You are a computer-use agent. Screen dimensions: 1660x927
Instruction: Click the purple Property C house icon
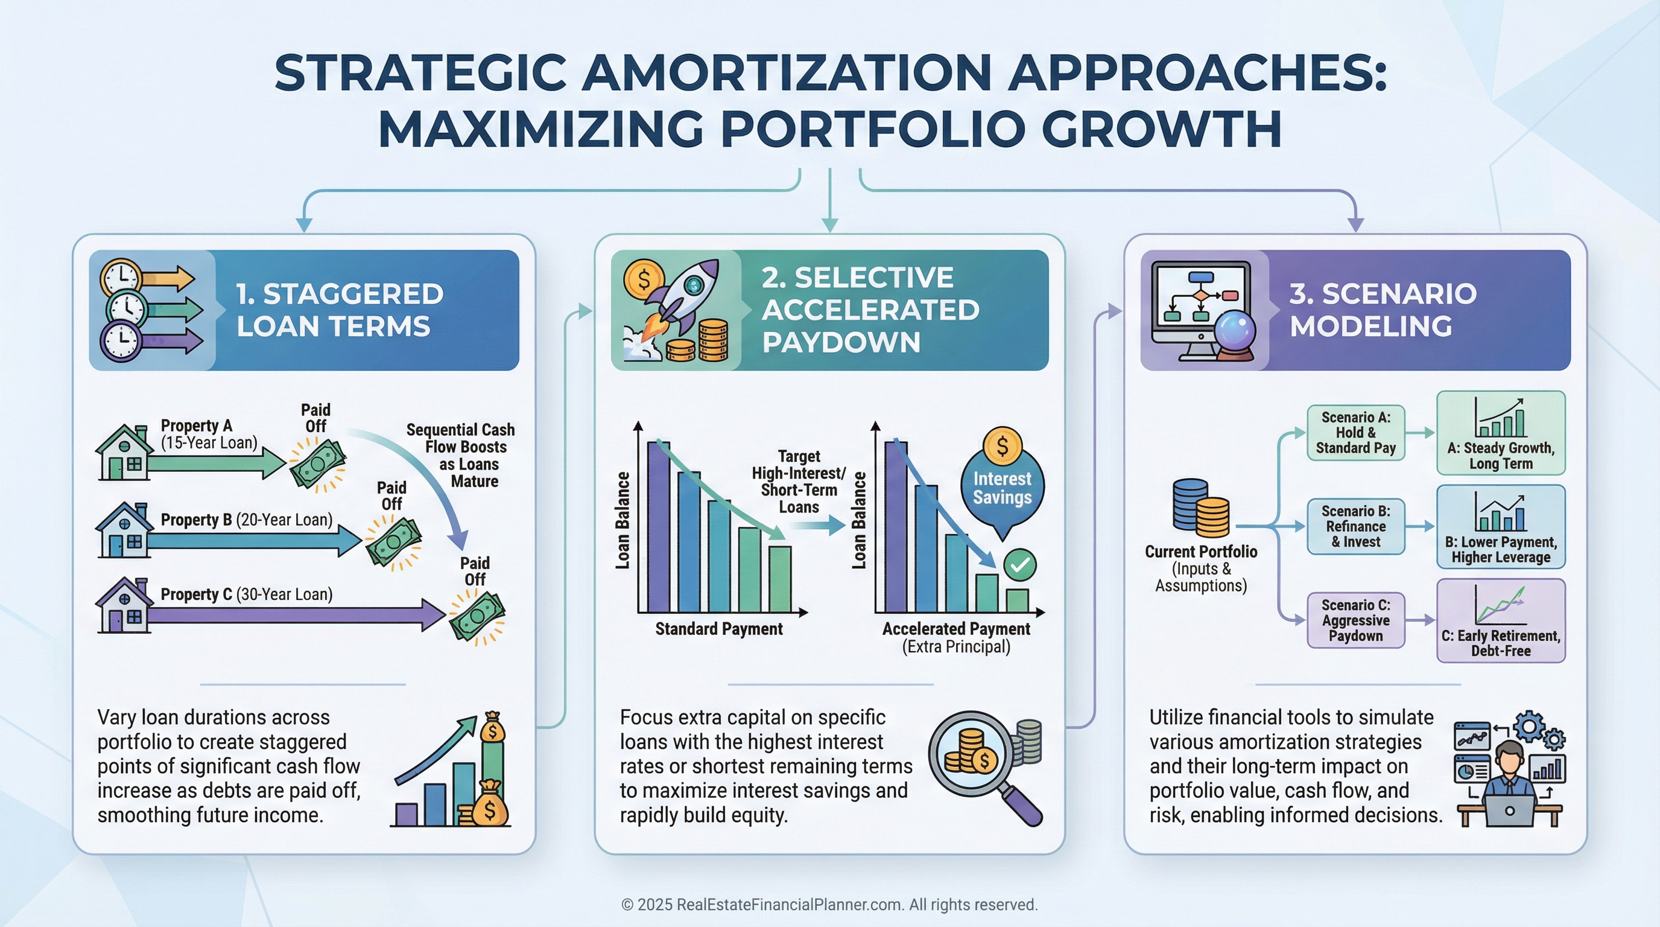tap(123, 605)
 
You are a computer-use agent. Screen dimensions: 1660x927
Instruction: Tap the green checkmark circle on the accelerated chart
tap(1020, 565)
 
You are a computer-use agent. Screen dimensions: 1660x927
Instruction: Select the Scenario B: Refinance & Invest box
tap(1356, 526)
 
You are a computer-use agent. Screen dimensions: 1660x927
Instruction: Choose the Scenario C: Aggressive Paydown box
tap(1356, 620)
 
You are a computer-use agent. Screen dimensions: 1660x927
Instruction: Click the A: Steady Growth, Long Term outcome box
tap(1501, 433)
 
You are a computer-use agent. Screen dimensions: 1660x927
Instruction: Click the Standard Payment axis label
tap(718, 629)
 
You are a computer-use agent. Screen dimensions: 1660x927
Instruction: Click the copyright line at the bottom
tap(829, 905)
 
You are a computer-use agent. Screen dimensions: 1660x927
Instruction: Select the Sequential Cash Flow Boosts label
tap(461, 455)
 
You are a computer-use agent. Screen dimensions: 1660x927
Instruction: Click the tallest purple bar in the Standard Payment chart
tap(658, 526)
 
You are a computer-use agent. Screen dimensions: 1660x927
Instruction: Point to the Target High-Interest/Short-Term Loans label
tap(799, 482)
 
